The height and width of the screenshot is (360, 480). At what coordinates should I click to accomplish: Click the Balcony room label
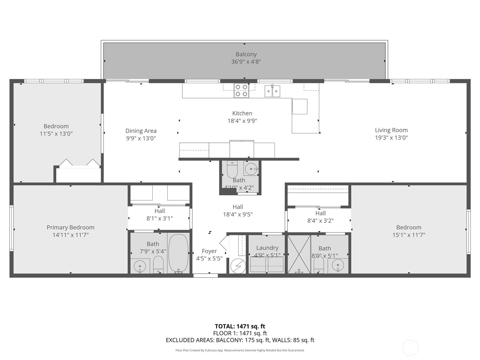pyautogui.click(x=246, y=54)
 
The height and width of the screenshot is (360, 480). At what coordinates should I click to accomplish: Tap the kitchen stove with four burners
pyautogui.click(x=241, y=91)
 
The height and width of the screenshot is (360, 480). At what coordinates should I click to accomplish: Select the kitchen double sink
pyautogui.click(x=272, y=91)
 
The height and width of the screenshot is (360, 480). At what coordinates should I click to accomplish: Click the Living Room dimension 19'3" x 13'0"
pyautogui.click(x=391, y=138)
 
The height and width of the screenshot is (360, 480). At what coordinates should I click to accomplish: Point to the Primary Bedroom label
pyautogui.click(x=70, y=227)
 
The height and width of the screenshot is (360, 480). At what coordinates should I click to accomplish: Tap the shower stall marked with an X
pyautogui.click(x=299, y=254)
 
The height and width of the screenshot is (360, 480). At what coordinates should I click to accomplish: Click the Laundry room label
pyautogui.click(x=267, y=248)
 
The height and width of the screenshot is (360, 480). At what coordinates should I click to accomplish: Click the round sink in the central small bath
pyautogui.click(x=251, y=169)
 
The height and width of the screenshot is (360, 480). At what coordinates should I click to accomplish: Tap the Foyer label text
pyautogui.click(x=209, y=251)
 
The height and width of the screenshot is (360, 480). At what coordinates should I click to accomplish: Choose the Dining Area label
pyautogui.click(x=141, y=131)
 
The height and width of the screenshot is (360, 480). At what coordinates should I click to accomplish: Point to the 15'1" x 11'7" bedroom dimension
pyautogui.click(x=409, y=235)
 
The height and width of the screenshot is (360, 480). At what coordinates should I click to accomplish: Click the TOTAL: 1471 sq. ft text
pyautogui.click(x=240, y=326)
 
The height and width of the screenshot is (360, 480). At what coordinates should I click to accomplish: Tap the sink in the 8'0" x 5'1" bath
pyautogui.click(x=338, y=265)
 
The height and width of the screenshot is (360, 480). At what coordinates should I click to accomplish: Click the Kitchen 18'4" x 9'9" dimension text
pyautogui.click(x=242, y=121)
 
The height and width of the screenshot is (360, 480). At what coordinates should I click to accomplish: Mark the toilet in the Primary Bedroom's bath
pyautogui.click(x=158, y=264)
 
